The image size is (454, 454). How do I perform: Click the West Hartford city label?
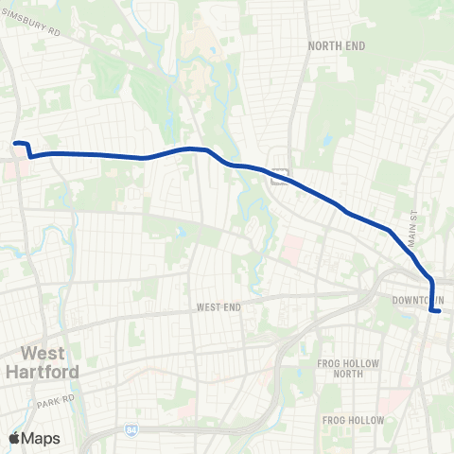tap(50, 362)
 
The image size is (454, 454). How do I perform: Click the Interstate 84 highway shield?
tap(130, 429)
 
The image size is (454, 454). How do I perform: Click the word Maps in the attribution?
tap(42, 438)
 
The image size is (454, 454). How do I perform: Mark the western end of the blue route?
tap(16, 144)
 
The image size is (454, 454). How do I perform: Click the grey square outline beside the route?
tap(280, 174)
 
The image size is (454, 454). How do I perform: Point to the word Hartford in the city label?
tap(50, 372)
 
